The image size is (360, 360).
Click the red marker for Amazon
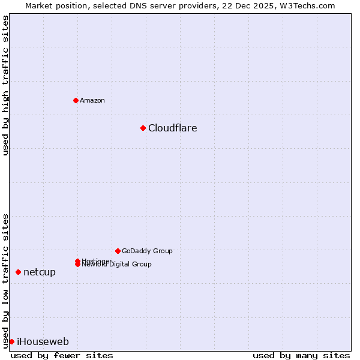pyautogui.click(x=76, y=100)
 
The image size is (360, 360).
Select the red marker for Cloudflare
pyautogui.click(x=143, y=128)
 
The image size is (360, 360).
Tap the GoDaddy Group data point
pyautogui.click(x=118, y=251)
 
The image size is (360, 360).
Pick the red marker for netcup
pyautogui.click(x=18, y=272)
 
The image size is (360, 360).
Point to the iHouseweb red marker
pyautogui.click(x=11, y=341)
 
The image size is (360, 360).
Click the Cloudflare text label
pyautogui.click(x=173, y=128)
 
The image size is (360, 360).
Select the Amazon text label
pyautogui.click(x=92, y=100)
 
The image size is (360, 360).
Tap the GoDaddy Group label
pyautogui.click(x=147, y=251)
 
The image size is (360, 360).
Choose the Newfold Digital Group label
pyautogui.click(x=117, y=265)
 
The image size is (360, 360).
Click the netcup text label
pyautogui.click(x=40, y=272)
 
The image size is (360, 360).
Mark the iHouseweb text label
pyautogui.click(x=43, y=341)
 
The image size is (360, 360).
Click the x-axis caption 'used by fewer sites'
pyautogui.click(x=62, y=355)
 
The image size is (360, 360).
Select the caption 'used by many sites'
pyautogui.click(x=301, y=355)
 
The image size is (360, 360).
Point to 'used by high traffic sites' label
pyautogui.click(x=6, y=85)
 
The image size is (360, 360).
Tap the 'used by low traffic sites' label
pyautogui.click(x=6, y=280)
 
